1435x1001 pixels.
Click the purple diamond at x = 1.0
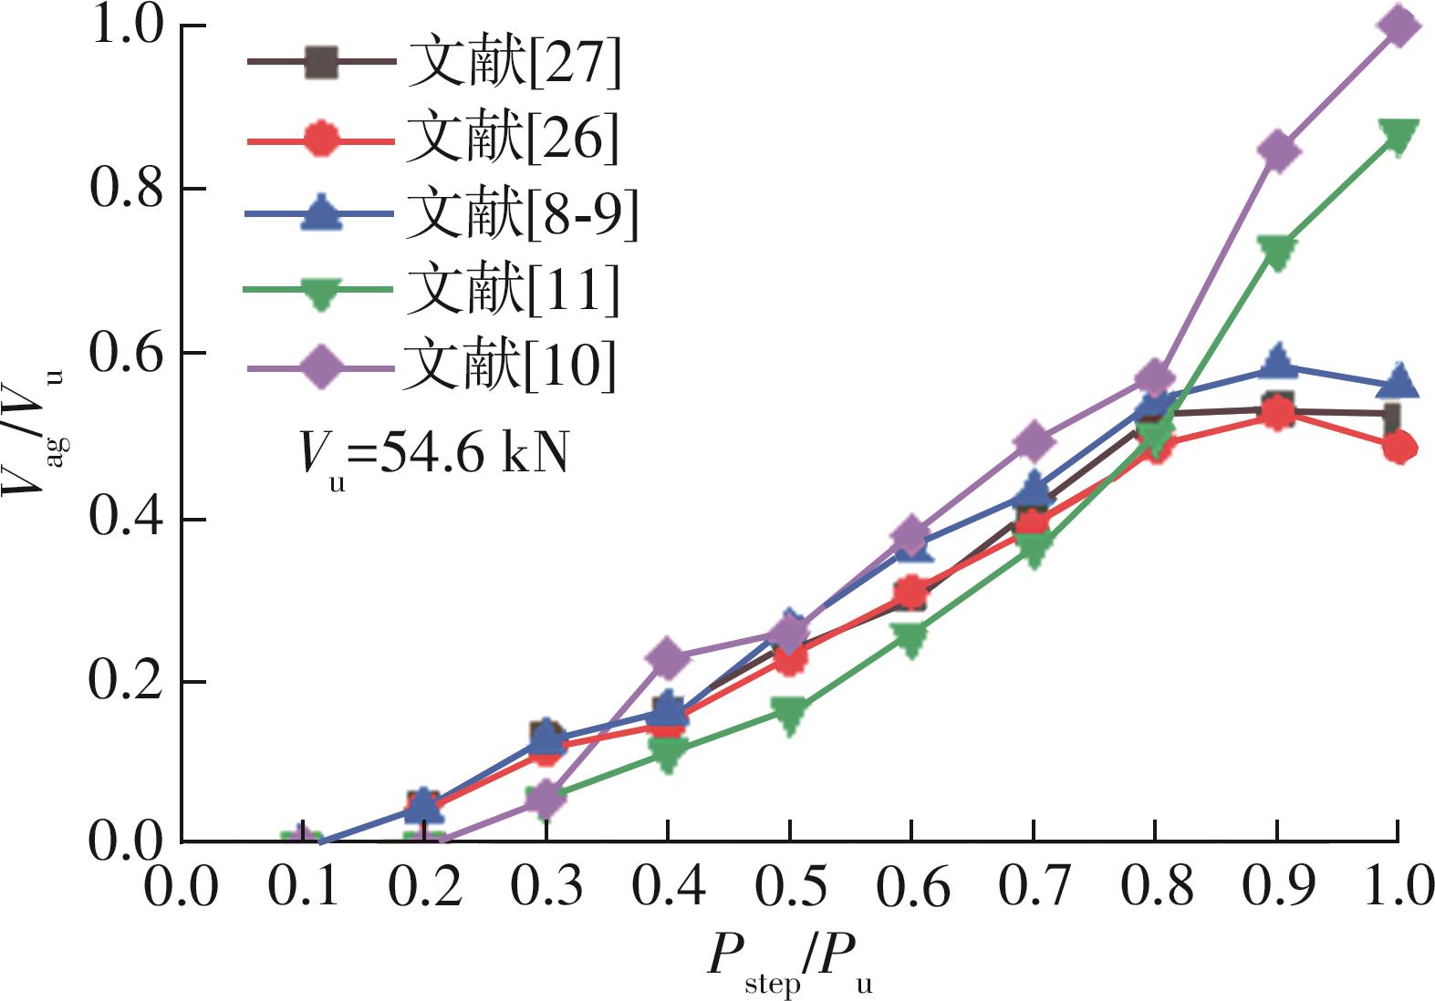click(x=1399, y=26)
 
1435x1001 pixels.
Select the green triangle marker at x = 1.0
click(x=1399, y=135)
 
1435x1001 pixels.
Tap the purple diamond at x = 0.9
click(x=1277, y=150)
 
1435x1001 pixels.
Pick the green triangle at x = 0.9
click(x=1277, y=251)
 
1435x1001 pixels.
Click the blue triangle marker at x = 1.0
click(x=1399, y=381)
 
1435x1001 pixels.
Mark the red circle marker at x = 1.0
click(x=1399, y=447)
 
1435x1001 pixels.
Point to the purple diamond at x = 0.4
click(x=668, y=657)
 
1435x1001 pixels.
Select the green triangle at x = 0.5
click(x=790, y=713)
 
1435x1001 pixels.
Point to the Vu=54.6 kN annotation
click(x=434, y=453)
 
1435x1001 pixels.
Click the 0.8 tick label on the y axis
click(x=127, y=189)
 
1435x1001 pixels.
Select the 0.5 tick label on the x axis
click(x=790, y=887)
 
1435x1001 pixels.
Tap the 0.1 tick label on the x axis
click(x=303, y=887)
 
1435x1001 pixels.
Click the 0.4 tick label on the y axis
click(x=127, y=519)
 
